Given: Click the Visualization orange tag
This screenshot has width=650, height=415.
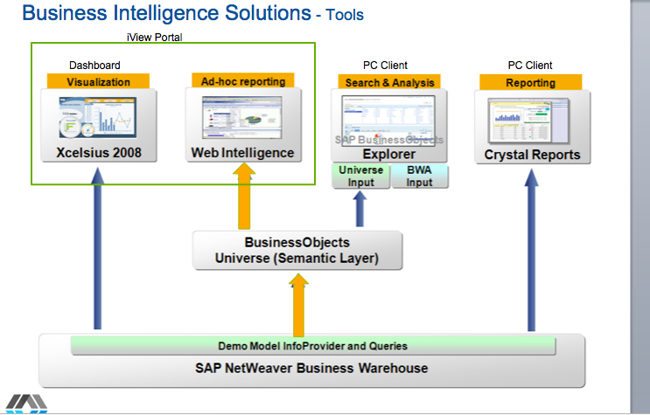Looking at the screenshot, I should (x=98, y=82).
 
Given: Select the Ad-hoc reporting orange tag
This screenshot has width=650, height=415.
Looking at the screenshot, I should (x=243, y=81).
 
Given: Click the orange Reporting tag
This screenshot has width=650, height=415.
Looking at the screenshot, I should (x=530, y=83).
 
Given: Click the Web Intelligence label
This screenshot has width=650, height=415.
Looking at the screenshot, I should (x=243, y=153).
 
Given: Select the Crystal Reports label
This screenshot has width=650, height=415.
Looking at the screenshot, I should (x=532, y=155).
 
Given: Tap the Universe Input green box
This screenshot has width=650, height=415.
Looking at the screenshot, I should (x=361, y=176).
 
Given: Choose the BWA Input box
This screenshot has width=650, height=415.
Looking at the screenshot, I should (x=420, y=176).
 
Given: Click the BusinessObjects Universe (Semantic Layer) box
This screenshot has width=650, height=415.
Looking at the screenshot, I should (x=297, y=250).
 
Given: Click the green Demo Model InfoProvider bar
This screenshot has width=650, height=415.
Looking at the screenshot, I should (x=312, y=345).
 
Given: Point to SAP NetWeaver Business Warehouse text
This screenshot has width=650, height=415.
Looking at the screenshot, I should (x=312, y=368).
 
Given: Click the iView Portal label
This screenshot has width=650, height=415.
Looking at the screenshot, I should (x=154, y=37).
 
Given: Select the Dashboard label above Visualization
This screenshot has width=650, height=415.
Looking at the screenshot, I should (x=94, y=66).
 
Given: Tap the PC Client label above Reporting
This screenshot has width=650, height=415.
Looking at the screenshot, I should (x=530, y=66).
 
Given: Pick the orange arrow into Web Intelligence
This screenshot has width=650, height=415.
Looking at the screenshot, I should (x=245, y=197).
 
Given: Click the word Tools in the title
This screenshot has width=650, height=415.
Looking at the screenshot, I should (x=344, y=15).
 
